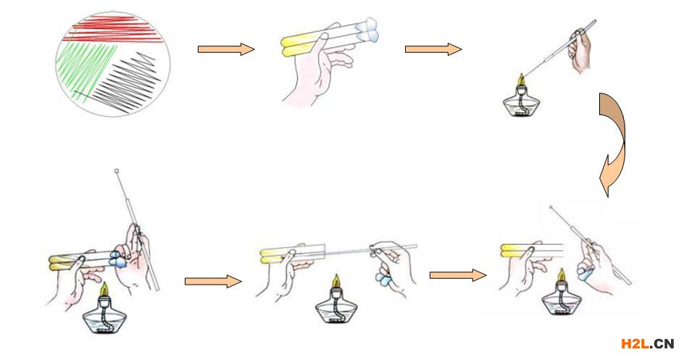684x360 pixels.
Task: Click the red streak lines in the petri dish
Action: (114, 30)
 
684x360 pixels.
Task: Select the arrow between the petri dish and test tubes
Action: (226, 49)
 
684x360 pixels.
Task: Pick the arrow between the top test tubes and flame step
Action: (433, 49)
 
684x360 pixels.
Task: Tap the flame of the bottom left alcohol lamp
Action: (104, 289)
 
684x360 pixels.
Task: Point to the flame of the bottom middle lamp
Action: (335, 281)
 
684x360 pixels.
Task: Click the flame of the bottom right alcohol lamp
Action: (562, 276)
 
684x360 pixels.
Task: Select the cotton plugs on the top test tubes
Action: (367, 30)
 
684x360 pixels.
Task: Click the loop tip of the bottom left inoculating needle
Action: (117, 171)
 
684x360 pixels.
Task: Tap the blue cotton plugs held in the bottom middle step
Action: (383, 277)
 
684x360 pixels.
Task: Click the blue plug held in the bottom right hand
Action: (585, 274)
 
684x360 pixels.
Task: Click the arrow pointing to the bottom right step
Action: (458, 275)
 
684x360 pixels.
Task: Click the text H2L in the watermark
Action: (635, 344)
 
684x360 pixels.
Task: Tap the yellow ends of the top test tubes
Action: (290, 46)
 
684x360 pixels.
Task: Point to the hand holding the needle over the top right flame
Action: (580, 50)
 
